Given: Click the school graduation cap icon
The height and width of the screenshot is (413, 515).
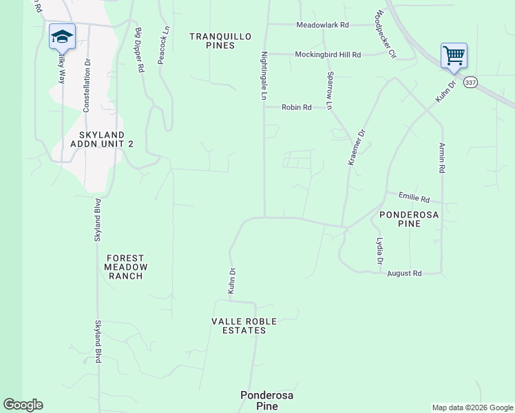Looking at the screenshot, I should [x=62, y=36].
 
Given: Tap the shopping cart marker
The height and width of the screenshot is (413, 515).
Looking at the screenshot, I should [x=454, y=55].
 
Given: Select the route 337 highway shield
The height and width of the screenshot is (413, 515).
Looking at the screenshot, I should [x=470, y=82].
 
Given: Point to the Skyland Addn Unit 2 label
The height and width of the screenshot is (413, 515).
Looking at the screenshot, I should [x=102, y=139].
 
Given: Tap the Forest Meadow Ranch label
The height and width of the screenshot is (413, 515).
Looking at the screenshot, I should [x=125, y=267].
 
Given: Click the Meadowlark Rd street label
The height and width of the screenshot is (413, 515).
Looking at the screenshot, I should [x=323, y=25].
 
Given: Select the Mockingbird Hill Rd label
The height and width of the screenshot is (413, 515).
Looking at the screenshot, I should [x=328, y=54].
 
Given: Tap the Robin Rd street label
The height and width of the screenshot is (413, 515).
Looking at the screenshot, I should [x=297, y=107].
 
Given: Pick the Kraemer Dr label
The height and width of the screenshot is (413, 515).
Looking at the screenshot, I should [x=356, y=147].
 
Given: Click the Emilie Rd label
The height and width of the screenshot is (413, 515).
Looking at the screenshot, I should [x=416, y=198].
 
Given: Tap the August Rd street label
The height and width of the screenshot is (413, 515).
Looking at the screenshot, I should [x=404, y=273].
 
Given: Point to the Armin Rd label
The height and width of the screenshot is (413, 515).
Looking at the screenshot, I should [x=441, y=158].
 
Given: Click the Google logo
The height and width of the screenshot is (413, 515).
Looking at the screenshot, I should [x=23, y=405].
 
